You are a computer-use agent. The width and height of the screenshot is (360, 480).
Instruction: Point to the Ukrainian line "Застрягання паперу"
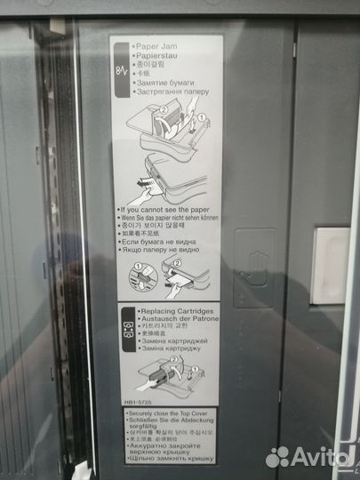tap(172, 91)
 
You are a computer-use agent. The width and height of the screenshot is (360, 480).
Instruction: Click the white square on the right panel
tap(332, 254)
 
